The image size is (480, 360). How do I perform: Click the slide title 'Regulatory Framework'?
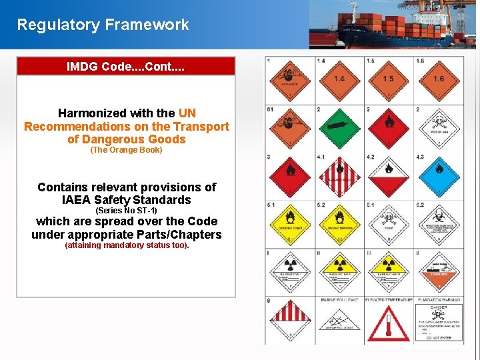point(103,25)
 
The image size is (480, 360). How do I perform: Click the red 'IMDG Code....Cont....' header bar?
point(126,67)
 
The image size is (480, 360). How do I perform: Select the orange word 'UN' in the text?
point(187,113)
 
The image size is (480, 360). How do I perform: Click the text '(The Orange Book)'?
point(126,150)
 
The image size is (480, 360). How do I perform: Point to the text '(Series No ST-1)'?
point(126,211)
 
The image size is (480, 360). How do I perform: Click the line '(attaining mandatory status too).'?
point(127,245)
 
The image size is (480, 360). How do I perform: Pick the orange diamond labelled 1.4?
point(339,79)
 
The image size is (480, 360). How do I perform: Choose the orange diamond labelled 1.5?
point(389,79)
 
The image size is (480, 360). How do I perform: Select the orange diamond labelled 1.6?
point(438,79)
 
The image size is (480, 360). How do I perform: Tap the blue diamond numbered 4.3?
point(438,175)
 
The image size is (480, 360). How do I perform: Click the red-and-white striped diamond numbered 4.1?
point(339,175)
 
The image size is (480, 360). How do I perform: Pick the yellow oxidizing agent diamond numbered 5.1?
point(290,223)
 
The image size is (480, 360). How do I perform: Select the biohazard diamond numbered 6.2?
point(438,223)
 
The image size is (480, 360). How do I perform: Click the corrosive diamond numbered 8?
point(438,271)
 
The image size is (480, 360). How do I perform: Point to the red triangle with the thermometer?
point(389,324)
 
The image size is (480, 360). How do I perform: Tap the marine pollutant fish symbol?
point(339,323)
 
